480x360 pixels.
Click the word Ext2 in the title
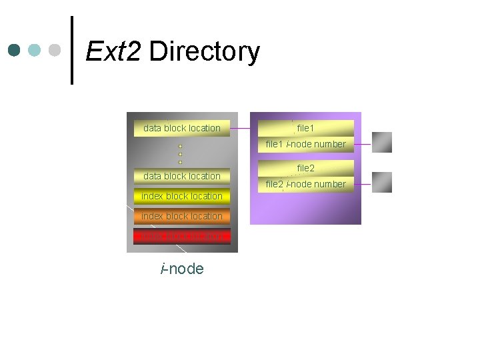[x=113, y=51]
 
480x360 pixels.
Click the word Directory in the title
[x=204, y=52]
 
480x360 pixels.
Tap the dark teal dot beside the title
[x=15, y=50]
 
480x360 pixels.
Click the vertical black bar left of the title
[x=72, y=50]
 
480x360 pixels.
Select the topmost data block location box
[x=181, y=128]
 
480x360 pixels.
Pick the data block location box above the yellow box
[x=181, y=176]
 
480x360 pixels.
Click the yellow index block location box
[x=181, y=196]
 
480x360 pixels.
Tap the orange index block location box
[x=181, y=216]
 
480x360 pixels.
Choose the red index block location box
[x=181, y=236]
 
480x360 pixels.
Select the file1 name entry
[x=305, y=127]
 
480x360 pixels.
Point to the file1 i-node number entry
[x=305, y=144]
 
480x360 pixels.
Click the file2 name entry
[x=305, y=168]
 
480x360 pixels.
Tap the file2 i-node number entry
[x=305, y=184]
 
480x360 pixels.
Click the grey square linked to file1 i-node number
[x=382, y=142]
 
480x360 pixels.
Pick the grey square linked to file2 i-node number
[x=382, y=182]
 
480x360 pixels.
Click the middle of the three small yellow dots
[x=180, y=154]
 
